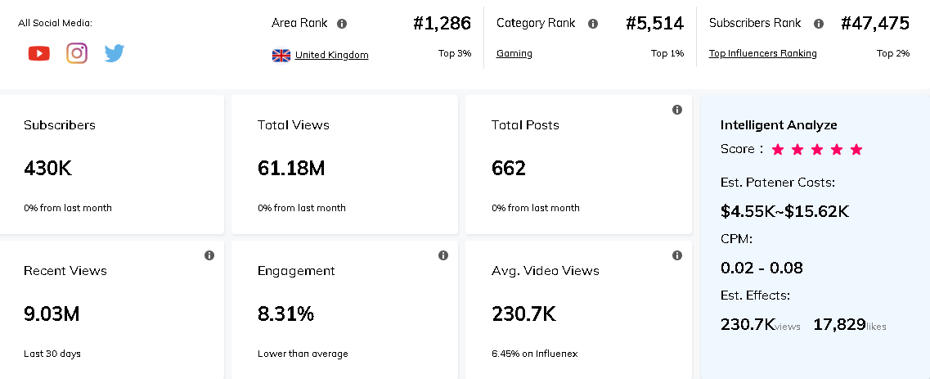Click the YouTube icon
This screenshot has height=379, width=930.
pyautogui.click(x=38, y=54)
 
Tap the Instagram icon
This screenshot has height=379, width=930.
pyautogui.click(x=77, y=54)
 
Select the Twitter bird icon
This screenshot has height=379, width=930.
pyautogui.click(x=115, y=54)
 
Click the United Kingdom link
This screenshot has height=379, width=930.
pyautogui.click(x=331, y=55)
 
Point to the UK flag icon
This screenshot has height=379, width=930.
pyautogui.click(x=281, y=56)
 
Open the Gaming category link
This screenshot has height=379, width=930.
pyautogui.click(x=514, y=53)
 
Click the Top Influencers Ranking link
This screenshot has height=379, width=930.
pyautogui.click(x=762, y=53)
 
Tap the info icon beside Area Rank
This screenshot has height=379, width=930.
pyautogui.click(x=342, y=24)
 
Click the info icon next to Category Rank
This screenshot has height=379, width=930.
pyautogui.click(x=593, y=24)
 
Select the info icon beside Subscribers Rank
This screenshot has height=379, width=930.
pyautogui.click(x=819, y=24)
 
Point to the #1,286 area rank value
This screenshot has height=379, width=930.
pyautogui.click(x=442, y=24)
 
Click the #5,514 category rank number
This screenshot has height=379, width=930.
pyautogui.click(x=654, y=24)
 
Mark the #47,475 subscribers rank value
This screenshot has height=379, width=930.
pyautogui.click(x=875, y=24)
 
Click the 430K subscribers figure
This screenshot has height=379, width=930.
pyautogui.click(x=48, y=169)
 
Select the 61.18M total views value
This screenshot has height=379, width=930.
pyautogui.click(x=291, y=169)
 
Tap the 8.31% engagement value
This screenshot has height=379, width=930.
pyautogui.click(x=285, y=314)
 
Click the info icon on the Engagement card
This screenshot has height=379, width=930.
pyautogui.click(x=443, y=255)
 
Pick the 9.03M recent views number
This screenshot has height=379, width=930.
pyautogui.click(x=52, y=314)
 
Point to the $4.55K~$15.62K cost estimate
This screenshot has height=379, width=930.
pyautogui.click(x=784, y=211)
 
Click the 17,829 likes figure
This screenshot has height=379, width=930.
pyautogui.click(x=839, y=324)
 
